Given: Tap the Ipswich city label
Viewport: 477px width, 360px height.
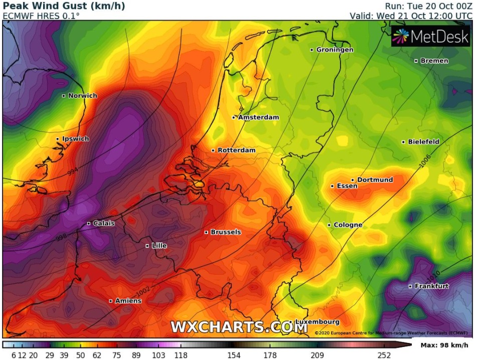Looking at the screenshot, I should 75,139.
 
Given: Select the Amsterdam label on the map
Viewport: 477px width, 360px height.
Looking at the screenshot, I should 258,117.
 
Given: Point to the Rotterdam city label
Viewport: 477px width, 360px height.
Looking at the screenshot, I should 236,150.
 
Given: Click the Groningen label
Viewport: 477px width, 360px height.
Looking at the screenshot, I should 335,50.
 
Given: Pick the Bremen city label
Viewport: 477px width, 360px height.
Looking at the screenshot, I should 434,61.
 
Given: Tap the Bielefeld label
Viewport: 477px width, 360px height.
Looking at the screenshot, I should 423,142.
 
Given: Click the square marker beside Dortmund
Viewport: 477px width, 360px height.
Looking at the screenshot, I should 353,180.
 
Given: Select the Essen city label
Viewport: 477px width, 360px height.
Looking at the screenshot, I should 347,186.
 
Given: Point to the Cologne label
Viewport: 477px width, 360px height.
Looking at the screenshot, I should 348,225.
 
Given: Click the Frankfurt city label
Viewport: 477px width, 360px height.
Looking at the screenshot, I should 431,286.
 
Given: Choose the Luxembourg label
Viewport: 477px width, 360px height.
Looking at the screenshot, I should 317,322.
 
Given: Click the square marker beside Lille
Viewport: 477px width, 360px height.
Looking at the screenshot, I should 147,246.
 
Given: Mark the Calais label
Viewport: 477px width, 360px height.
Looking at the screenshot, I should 104,223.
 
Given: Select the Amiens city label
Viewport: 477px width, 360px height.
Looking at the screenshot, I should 128,301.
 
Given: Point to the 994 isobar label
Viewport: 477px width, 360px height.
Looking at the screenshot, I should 73,171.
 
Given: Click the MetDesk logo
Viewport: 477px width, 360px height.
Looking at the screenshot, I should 430,36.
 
